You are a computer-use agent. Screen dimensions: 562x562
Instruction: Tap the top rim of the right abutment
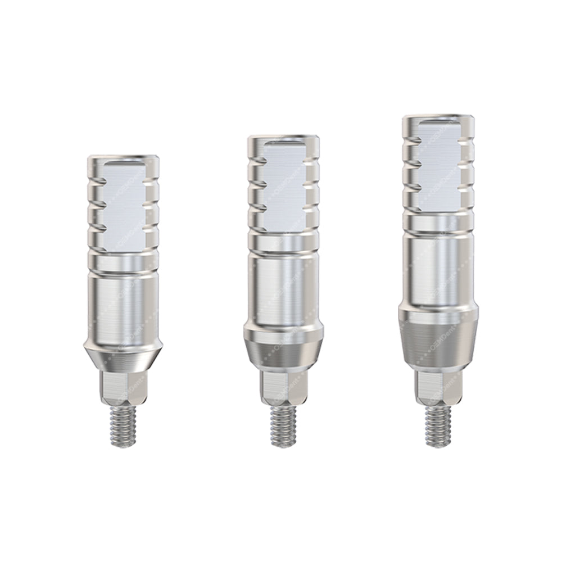tap(438, 119)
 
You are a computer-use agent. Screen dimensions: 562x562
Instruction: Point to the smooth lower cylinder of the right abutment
tap(438, 270)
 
